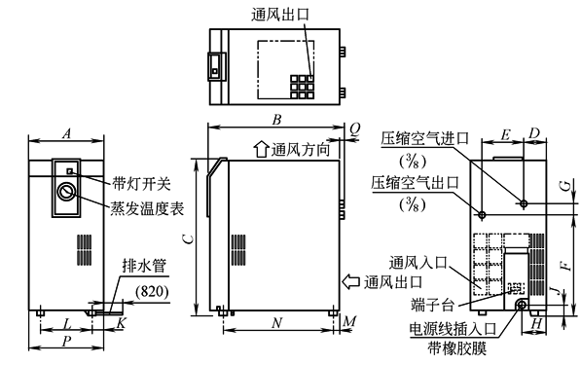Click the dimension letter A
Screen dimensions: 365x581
coord(66,131)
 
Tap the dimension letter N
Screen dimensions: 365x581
coord(276,321)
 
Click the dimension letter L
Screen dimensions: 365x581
coord(66,321)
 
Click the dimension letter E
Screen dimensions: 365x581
coord(504,131)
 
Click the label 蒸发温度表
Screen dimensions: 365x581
coord(147,207)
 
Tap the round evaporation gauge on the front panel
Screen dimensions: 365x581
coord(67,192)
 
